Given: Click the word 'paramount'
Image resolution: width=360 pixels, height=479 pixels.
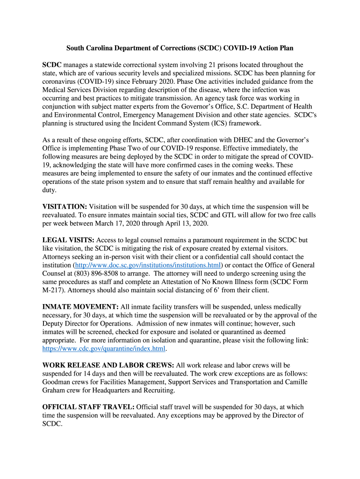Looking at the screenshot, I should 192,240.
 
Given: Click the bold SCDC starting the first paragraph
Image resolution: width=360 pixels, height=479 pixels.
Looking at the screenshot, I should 52,65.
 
